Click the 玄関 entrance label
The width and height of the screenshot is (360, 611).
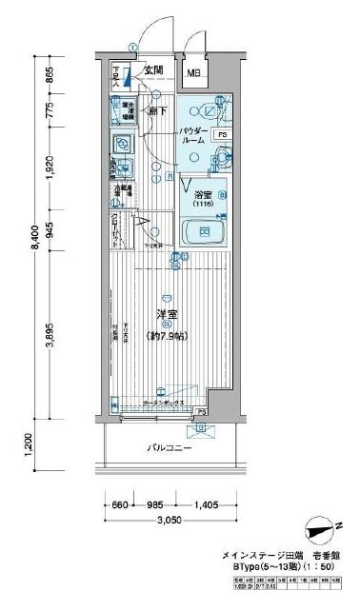tap(154, 69)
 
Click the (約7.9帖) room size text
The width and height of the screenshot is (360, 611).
tap(166, 336)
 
